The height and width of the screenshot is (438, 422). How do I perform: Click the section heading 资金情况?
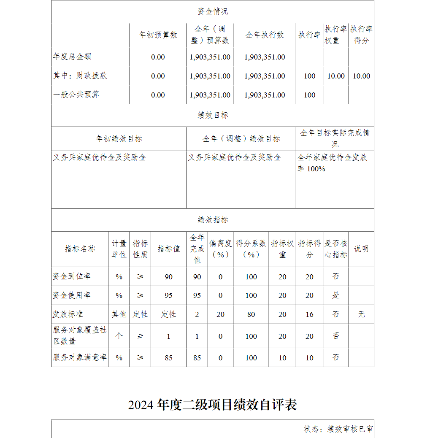click(213, 11)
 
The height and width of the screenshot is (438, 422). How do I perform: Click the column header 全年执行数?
click(265, 35)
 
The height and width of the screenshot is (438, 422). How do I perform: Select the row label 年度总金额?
click(72, 57)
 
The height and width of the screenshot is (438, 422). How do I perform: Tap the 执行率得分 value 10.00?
click(361, 76)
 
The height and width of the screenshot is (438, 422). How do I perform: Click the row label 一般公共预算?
click(76, 95)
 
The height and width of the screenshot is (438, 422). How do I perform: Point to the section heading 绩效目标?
click(213, 115)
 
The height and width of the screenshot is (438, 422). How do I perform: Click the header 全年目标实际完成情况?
click(335, 138)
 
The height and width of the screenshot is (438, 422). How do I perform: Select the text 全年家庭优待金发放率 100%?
click(332, 163)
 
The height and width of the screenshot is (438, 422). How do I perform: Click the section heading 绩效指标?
click(213, 220)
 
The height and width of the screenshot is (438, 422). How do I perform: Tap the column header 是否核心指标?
click(336, 249)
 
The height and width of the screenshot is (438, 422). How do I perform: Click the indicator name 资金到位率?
click(71, 276)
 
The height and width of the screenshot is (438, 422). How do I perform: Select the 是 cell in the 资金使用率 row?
click(336, 295)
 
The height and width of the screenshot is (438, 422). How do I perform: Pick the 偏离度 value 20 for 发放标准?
click(220, 314)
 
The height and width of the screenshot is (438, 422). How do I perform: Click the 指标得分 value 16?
click(309, 314)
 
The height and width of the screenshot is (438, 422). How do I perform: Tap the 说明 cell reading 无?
click(361, 314)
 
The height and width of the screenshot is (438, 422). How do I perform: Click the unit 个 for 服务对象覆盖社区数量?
click(119, 336)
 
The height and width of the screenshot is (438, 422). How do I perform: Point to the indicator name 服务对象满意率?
click(80, 357)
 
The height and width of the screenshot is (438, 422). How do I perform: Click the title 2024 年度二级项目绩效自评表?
click(213, 405)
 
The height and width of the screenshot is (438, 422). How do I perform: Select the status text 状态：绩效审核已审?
click(338, 429)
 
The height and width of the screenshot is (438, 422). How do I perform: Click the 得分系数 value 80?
click(251, 314)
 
